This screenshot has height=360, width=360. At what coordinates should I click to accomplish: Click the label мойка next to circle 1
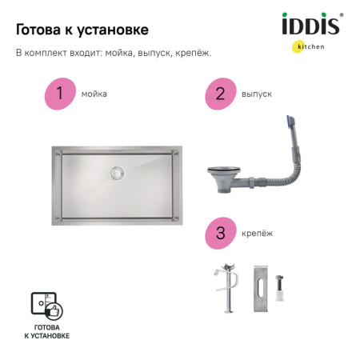[94, 94]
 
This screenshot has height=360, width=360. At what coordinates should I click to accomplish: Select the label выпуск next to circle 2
[256, 94]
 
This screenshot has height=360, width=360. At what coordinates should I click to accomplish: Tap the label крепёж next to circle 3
[256, 234]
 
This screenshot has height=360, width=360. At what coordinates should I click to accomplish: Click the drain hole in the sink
[118, 171]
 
